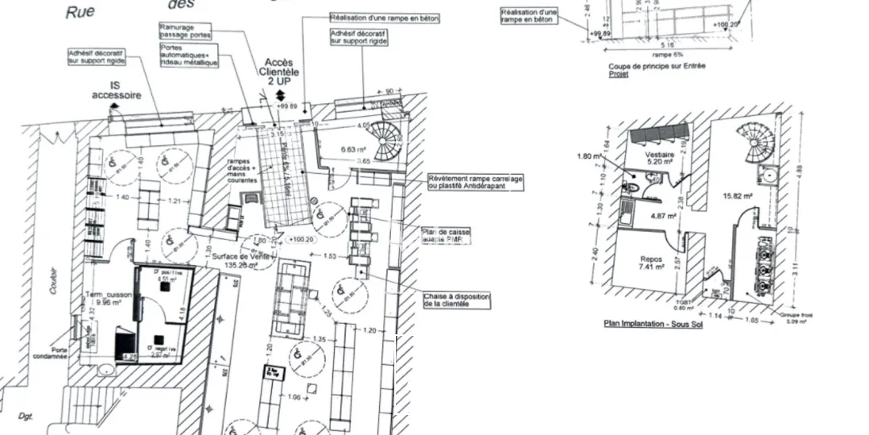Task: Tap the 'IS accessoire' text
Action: point(116,90)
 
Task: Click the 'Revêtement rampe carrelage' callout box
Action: point(476,182)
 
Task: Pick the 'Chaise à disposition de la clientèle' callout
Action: point(456,300)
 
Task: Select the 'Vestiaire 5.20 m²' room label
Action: point(659,157)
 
